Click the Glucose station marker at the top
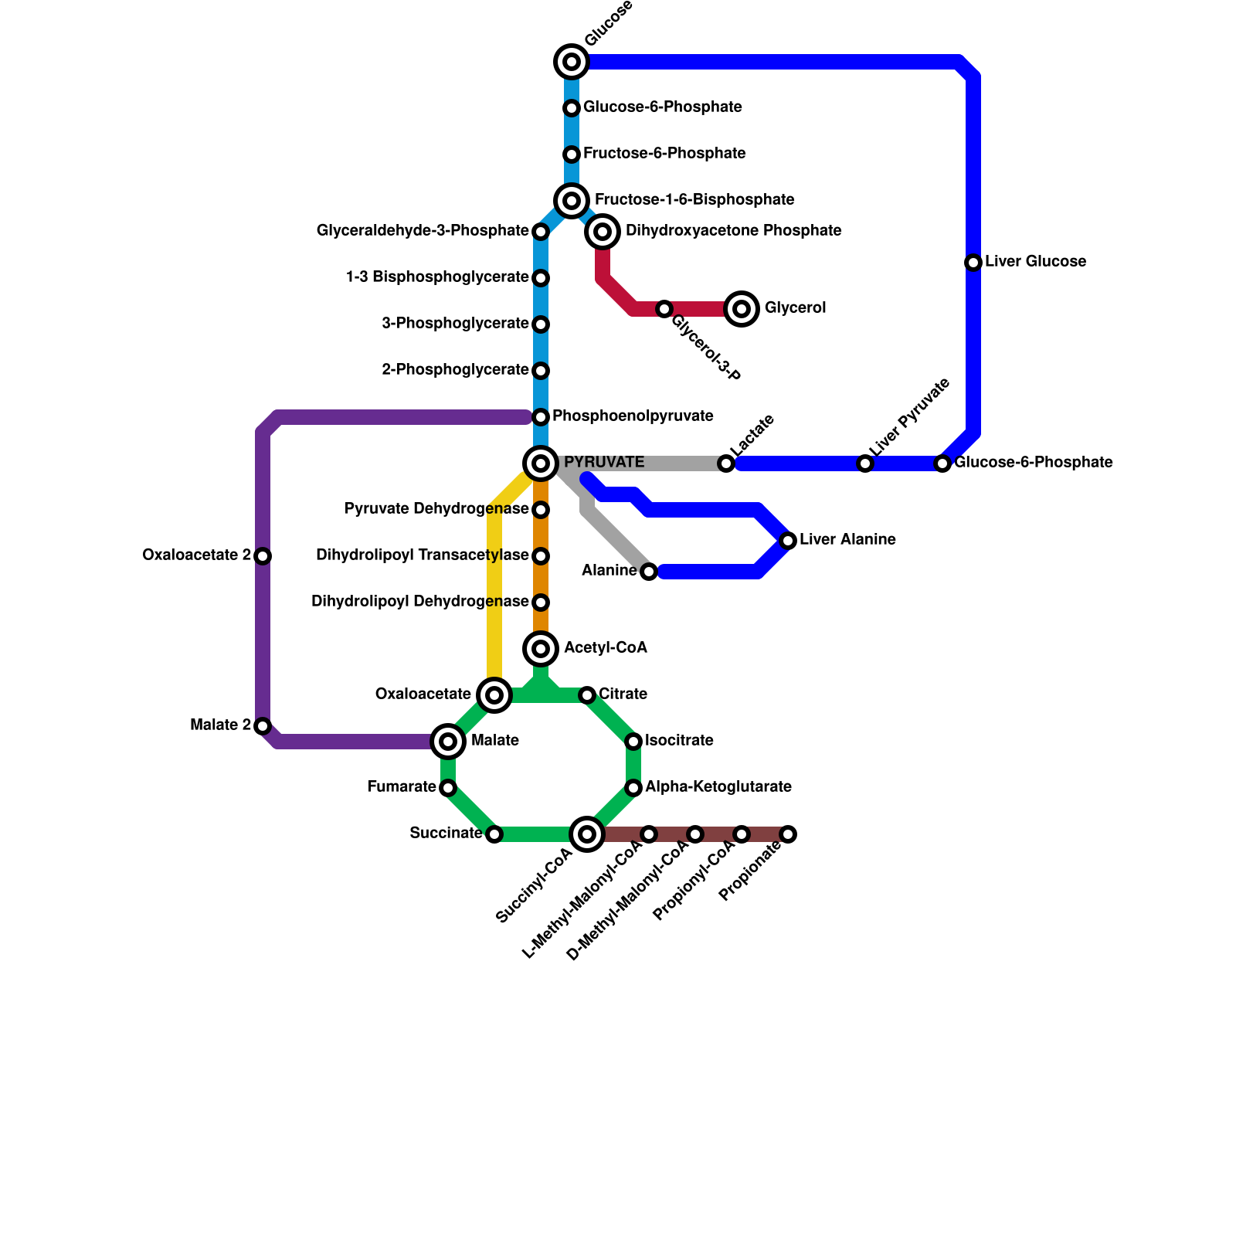[572, 62]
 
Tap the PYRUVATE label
[603, 463]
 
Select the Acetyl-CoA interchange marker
[541, 649]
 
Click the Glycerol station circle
[742, 309]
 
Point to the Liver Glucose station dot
[973, 263]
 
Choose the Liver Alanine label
[847, 540]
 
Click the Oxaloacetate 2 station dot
[263, 556]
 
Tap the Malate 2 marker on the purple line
[263, 726]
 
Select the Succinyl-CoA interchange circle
[587, 834]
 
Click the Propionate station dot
[788, 834]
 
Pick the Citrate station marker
[587, 695]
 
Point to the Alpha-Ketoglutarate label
[718, 787]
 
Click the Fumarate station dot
[448, 788]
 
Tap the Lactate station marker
[726, 463]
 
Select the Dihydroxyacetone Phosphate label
[733, 231]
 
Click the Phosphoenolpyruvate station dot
[541, 417]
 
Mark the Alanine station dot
[649, 572]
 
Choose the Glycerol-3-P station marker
[664, 309]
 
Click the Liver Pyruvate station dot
[865, 463]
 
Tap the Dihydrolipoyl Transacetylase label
[422, 555]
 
